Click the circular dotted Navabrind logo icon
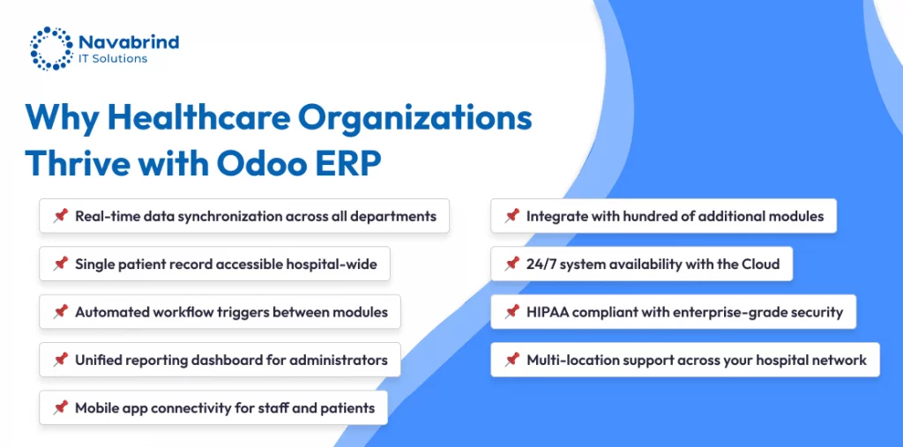51,48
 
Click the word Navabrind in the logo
129,42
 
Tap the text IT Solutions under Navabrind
113,59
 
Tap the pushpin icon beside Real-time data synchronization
61,216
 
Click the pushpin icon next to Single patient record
61,264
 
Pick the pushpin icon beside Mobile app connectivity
61,408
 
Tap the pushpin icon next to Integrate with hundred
512,216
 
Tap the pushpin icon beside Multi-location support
512,360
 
